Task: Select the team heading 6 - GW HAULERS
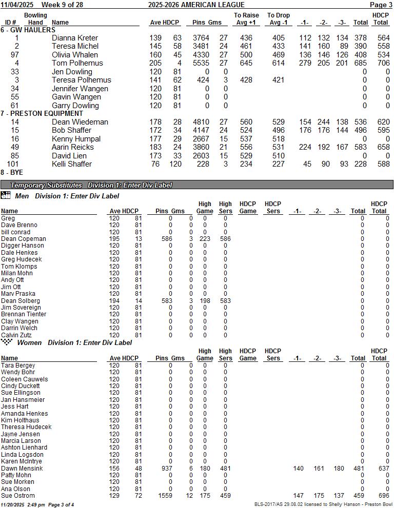(x=28, y=30)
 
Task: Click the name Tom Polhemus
(x=77, y=63)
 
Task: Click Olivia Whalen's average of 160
(x=155, y=55)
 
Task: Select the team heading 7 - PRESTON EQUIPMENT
(x=42, y=113)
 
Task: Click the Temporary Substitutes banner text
(x=46, y=185)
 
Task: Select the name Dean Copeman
(x=24, y=239)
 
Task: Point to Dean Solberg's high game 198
(x=205, y=301)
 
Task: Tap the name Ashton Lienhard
(x=24, y=448)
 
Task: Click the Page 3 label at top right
(x=381, y=5)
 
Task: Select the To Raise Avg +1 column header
(x=246, y=19)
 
